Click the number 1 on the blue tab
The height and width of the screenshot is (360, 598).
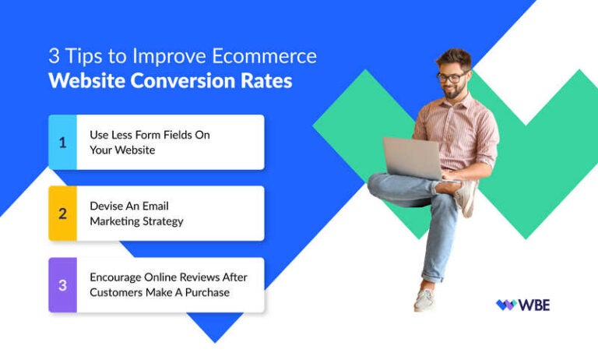point(62,142)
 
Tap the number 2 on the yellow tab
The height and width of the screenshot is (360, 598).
point(62,214)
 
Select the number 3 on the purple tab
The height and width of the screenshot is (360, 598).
point(62,284)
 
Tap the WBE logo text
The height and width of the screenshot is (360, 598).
point(535,305)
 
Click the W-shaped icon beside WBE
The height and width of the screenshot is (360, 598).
point(506,305)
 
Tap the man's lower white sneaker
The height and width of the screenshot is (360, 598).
point(424,299)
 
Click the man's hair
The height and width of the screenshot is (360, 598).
point(454,58)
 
